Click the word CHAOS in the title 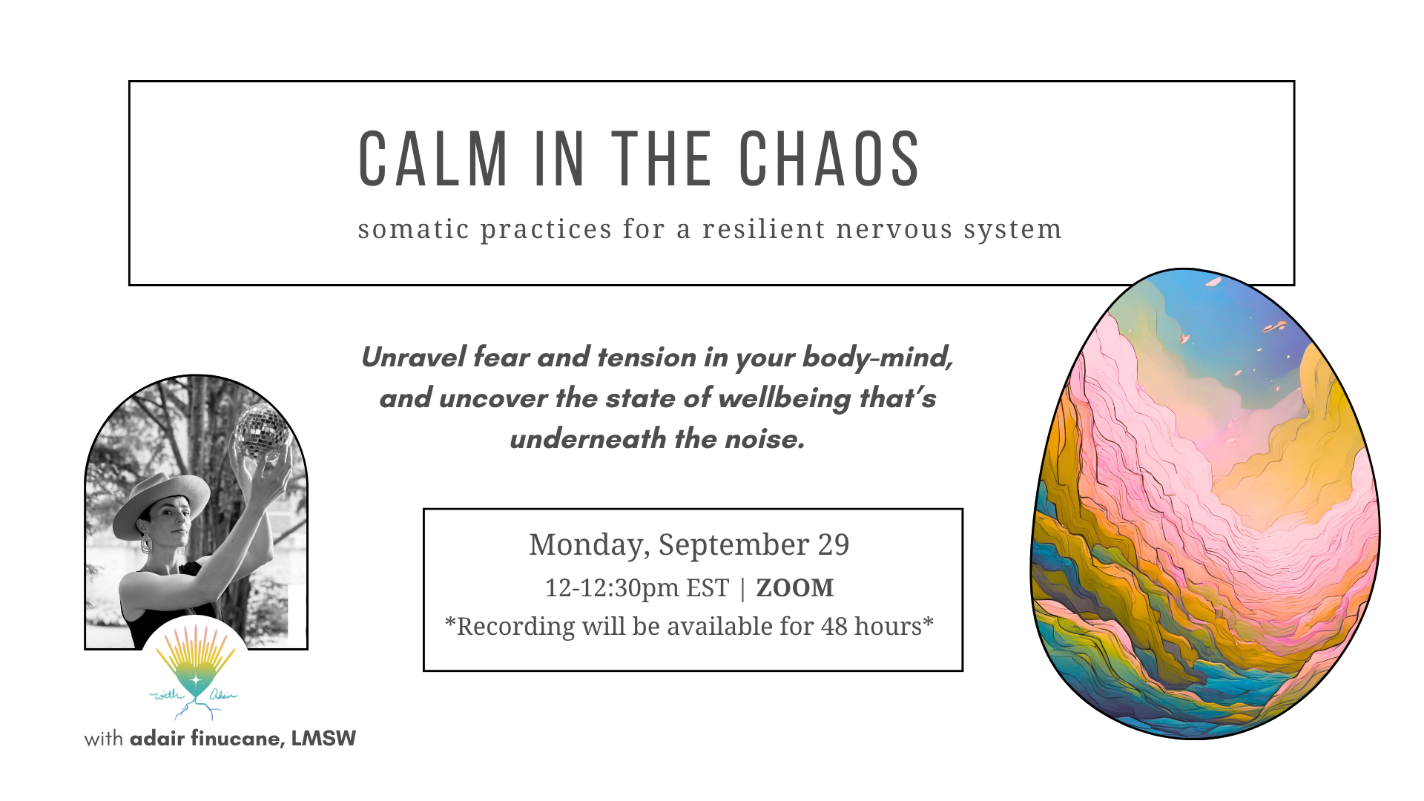coord(829,159)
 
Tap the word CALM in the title coord(433,159)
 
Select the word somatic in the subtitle coord(413,229)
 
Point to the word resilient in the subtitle coord(764,229)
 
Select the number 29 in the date coord(834,545)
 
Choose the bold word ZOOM coord(795,588)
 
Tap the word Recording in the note coord(515,627)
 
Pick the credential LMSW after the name coord(323,739)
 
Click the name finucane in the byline coord(237,739)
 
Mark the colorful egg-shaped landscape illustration coord(1205,504)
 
